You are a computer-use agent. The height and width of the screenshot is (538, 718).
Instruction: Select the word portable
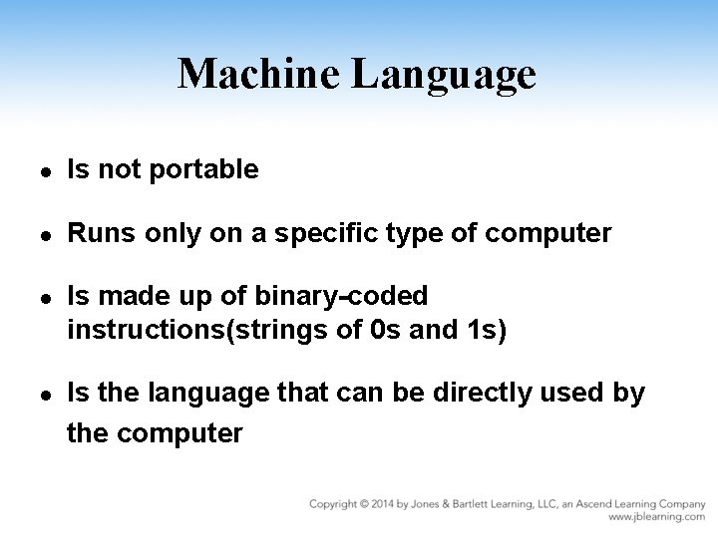coord(203,171)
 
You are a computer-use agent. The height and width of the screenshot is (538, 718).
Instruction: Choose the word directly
coord(489,395)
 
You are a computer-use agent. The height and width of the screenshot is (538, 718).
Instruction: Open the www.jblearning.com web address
coord(656,517)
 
